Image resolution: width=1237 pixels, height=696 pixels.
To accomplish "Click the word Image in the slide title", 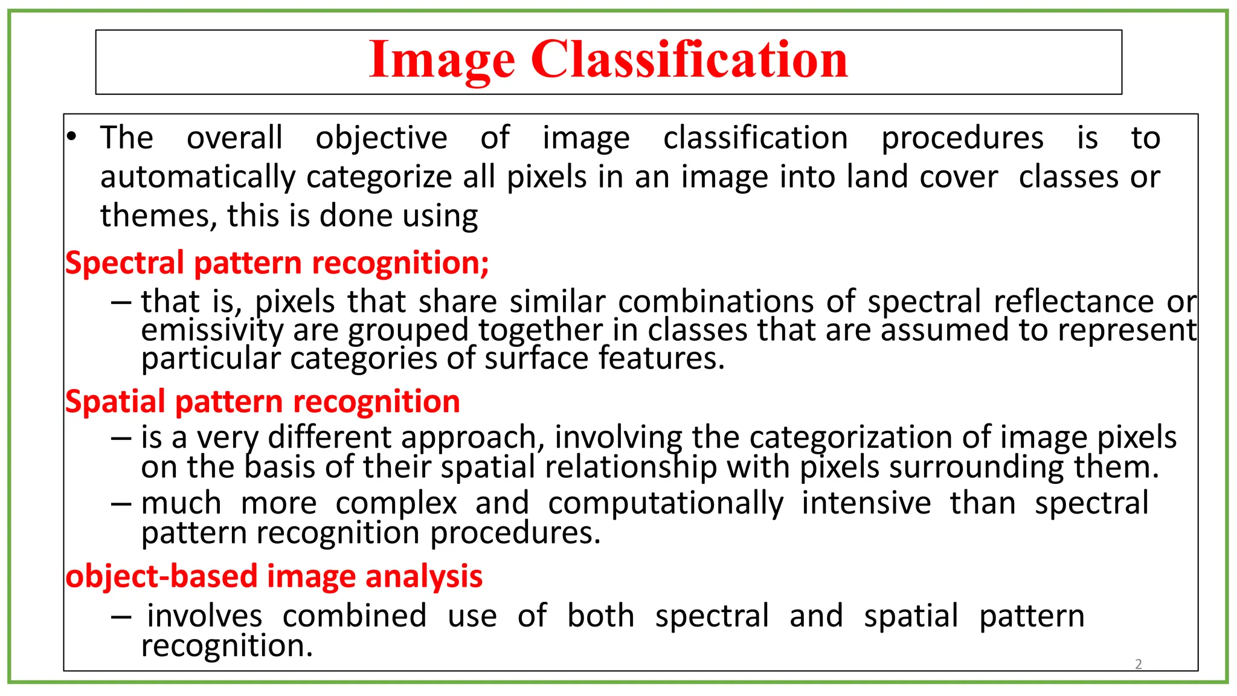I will [442, 61].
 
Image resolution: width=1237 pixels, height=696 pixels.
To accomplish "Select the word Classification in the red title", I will [689, 60].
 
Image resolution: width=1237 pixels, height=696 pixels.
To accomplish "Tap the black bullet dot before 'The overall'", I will [72, 137].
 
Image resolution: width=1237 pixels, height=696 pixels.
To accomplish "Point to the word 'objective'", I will [381, 138].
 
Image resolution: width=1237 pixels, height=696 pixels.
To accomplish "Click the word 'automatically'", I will [198, 178].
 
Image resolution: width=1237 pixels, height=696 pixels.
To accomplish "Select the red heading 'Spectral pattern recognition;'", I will [277, 263].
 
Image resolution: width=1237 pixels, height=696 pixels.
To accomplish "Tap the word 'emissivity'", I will [212, 330].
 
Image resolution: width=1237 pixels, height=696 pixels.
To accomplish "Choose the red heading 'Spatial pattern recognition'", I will [262, 402].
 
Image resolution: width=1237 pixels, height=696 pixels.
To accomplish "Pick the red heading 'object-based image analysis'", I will [274, 576].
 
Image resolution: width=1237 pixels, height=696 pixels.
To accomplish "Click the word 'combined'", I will [355, 616].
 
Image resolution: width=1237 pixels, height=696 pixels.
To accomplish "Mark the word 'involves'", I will [205, 616].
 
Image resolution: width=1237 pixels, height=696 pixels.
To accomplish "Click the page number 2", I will [1139, 664].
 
